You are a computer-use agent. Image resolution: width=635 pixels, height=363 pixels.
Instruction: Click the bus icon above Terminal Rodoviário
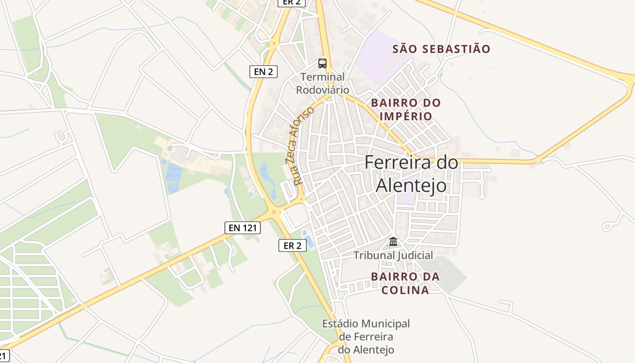[322, 64]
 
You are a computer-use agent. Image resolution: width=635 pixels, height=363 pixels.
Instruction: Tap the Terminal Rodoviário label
[322, 83]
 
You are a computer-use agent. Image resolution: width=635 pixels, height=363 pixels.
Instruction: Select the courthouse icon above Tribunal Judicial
[393, 241]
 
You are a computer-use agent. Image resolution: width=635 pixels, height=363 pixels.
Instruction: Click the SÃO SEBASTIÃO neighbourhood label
[441, 49]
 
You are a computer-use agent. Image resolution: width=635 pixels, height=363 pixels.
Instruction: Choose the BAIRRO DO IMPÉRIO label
[405, 109]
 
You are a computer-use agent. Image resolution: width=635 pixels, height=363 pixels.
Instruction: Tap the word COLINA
[405, 290]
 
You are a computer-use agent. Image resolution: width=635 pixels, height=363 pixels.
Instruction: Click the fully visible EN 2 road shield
[263, 71]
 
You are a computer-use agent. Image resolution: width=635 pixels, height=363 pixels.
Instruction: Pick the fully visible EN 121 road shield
[243, 228]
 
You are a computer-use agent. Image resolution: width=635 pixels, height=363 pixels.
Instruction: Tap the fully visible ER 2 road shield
[293, 246]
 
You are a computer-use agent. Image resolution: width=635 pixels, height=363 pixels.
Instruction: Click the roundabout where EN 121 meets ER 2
[274, 211]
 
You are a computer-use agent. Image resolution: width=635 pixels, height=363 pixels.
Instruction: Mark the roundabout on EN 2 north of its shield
[274, 44]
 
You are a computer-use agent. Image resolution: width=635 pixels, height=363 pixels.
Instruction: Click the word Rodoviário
[322, 89]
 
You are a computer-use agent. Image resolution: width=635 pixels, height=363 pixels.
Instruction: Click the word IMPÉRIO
[405, 116]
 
